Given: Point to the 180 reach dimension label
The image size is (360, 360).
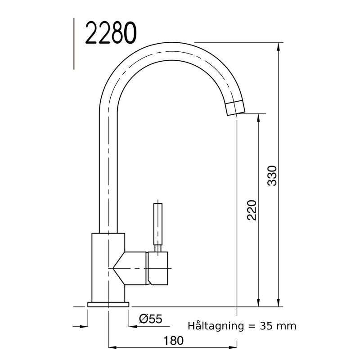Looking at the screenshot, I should (174, 340).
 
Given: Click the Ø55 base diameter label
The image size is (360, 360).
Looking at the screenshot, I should (150, 319).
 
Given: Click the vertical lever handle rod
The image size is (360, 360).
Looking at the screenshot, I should (158, 224).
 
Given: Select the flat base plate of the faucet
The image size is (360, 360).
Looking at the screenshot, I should (108, 305).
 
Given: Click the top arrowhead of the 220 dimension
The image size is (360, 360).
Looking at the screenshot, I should (258, 118).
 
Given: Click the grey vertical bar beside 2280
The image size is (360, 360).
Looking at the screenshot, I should (74, 44).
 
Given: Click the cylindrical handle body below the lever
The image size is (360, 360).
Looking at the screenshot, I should (158, 268).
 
